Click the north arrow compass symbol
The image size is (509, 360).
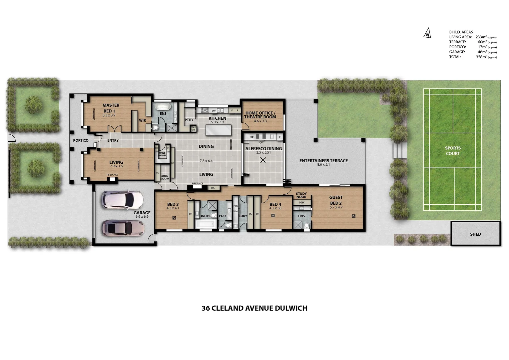pos(427,34)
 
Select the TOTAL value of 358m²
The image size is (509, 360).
pos(481,57)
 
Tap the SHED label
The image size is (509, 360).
pos(475,234)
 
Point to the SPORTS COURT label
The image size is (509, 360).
pos(453,151)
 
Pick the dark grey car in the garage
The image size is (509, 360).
pos(123,228)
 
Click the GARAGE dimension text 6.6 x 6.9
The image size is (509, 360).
pos(142,217)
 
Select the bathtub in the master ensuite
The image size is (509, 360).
pos(163,107)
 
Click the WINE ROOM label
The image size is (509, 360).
pos(162,154)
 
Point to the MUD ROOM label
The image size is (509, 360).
pos(165,177)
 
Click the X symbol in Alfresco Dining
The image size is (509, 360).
pos(263,160)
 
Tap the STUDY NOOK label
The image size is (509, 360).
pos(301,195)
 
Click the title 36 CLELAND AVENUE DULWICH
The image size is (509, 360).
pos(254,308)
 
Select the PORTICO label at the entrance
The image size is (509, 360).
pos(81,141)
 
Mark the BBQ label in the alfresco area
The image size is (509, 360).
pos(252,137)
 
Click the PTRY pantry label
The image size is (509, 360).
pos(189,120)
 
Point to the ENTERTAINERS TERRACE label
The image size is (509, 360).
pos(323,161)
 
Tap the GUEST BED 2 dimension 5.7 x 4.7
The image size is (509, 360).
pos(336,207)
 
